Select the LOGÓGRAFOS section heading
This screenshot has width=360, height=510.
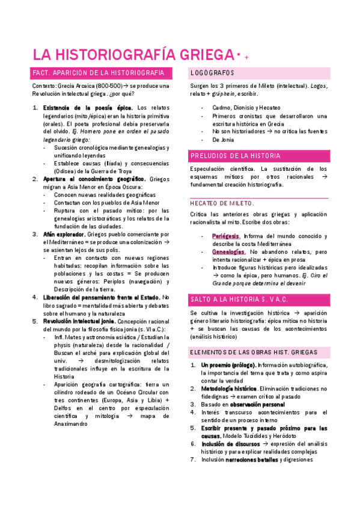coord(212,73)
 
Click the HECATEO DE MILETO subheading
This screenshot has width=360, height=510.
coord(222,203)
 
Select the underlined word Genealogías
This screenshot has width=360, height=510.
coord(228,251)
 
